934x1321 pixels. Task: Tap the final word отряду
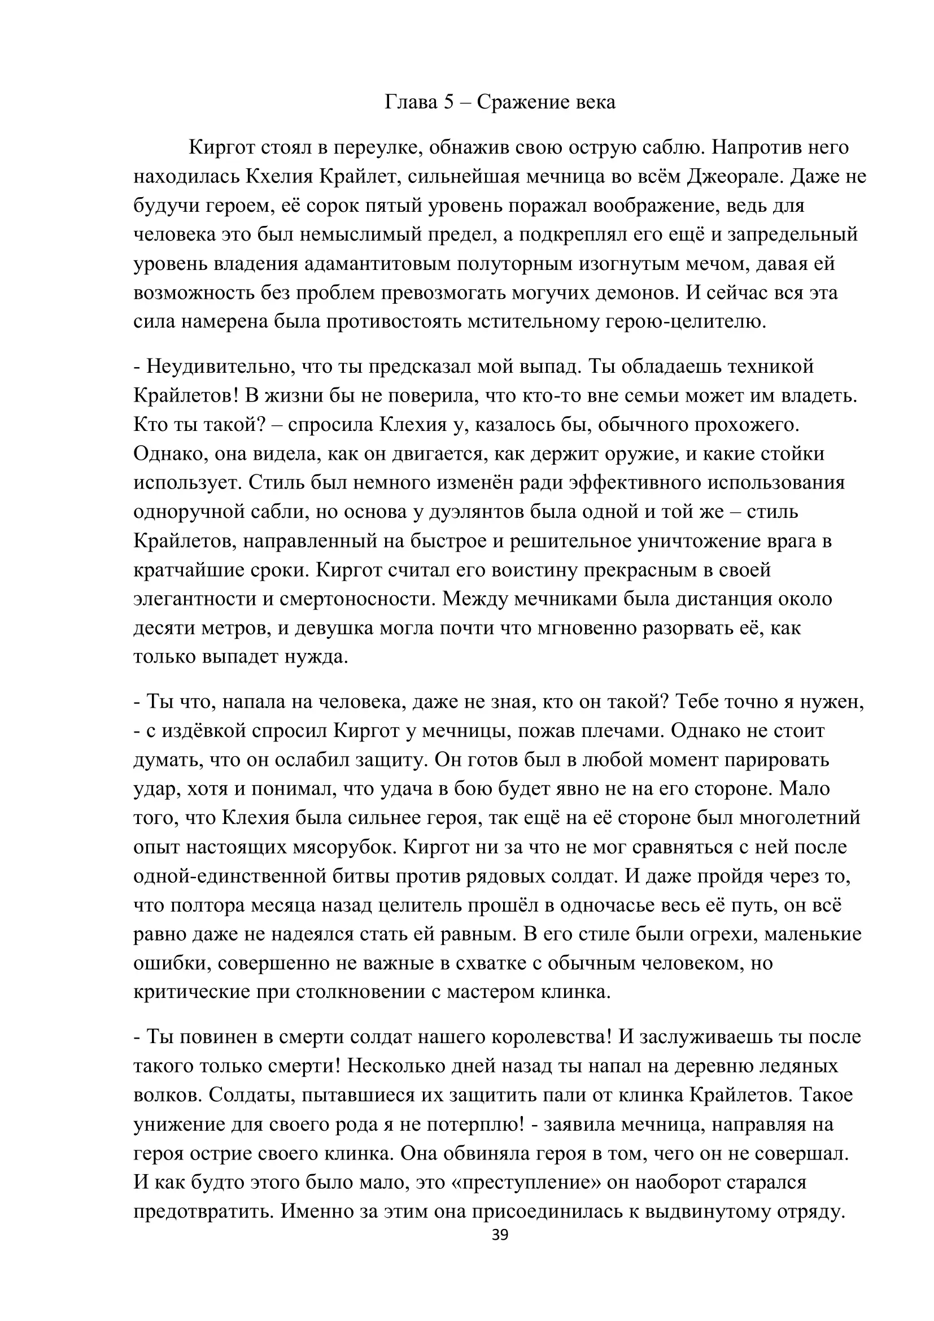(810, 1210)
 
